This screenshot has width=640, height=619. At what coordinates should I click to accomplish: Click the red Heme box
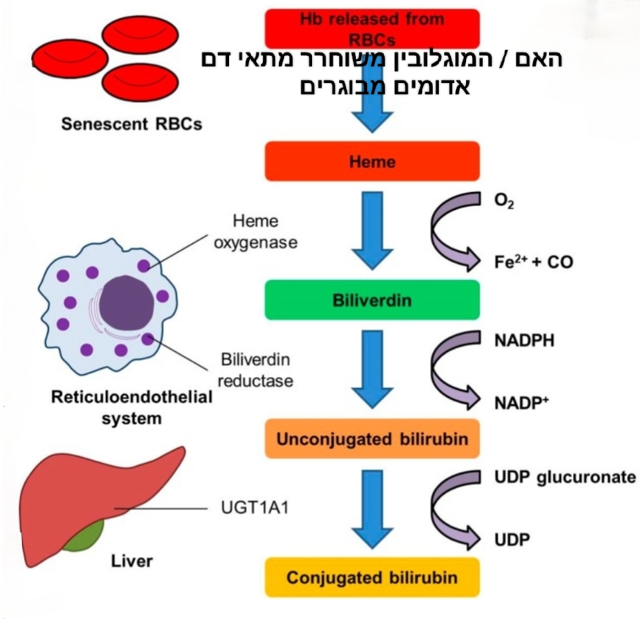pyautogui.click(x=372, y=161)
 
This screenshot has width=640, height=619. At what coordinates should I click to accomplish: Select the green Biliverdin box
pyautogui.click(x=372, y=300)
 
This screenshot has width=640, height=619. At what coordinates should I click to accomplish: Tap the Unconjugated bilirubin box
pyautogui.click(x=372, y=438)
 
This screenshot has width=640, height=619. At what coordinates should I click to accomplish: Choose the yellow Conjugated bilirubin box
pyautogui.click(x=372, y=576)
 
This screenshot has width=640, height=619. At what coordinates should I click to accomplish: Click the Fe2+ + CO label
pyautogui.click(x=532, y=261)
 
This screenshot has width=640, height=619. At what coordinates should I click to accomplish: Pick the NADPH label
pyautogui.click(x=524, y=341)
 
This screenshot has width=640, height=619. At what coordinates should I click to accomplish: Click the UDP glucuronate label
pyautogui.click(x=565, y=478)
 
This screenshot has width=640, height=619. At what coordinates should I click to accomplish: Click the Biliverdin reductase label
pyautogui.click(x=256, y=370)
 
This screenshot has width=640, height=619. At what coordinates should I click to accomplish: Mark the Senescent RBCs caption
pyautogui.click(x=131, y=124)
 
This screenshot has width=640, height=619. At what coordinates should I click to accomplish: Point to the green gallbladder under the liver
pyautogui.click(x=85, y=535)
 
